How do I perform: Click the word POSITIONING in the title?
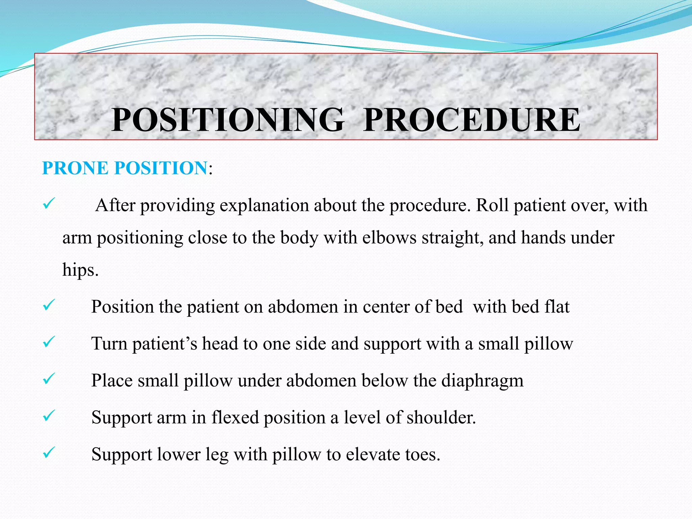click(228, 120)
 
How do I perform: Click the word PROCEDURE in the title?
click(472, 120)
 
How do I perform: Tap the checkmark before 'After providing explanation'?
click(48, 204)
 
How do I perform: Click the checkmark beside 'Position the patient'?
click(48, 305)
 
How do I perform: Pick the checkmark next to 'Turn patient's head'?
click(48, 342)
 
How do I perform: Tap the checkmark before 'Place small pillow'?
click(48, 379)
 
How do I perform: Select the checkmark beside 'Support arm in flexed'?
click(48, 416)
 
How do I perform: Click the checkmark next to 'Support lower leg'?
click(48, 453)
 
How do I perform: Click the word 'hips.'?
click(80, 270)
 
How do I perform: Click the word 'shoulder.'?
click(441, 417)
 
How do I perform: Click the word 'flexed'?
click(235, 417)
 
